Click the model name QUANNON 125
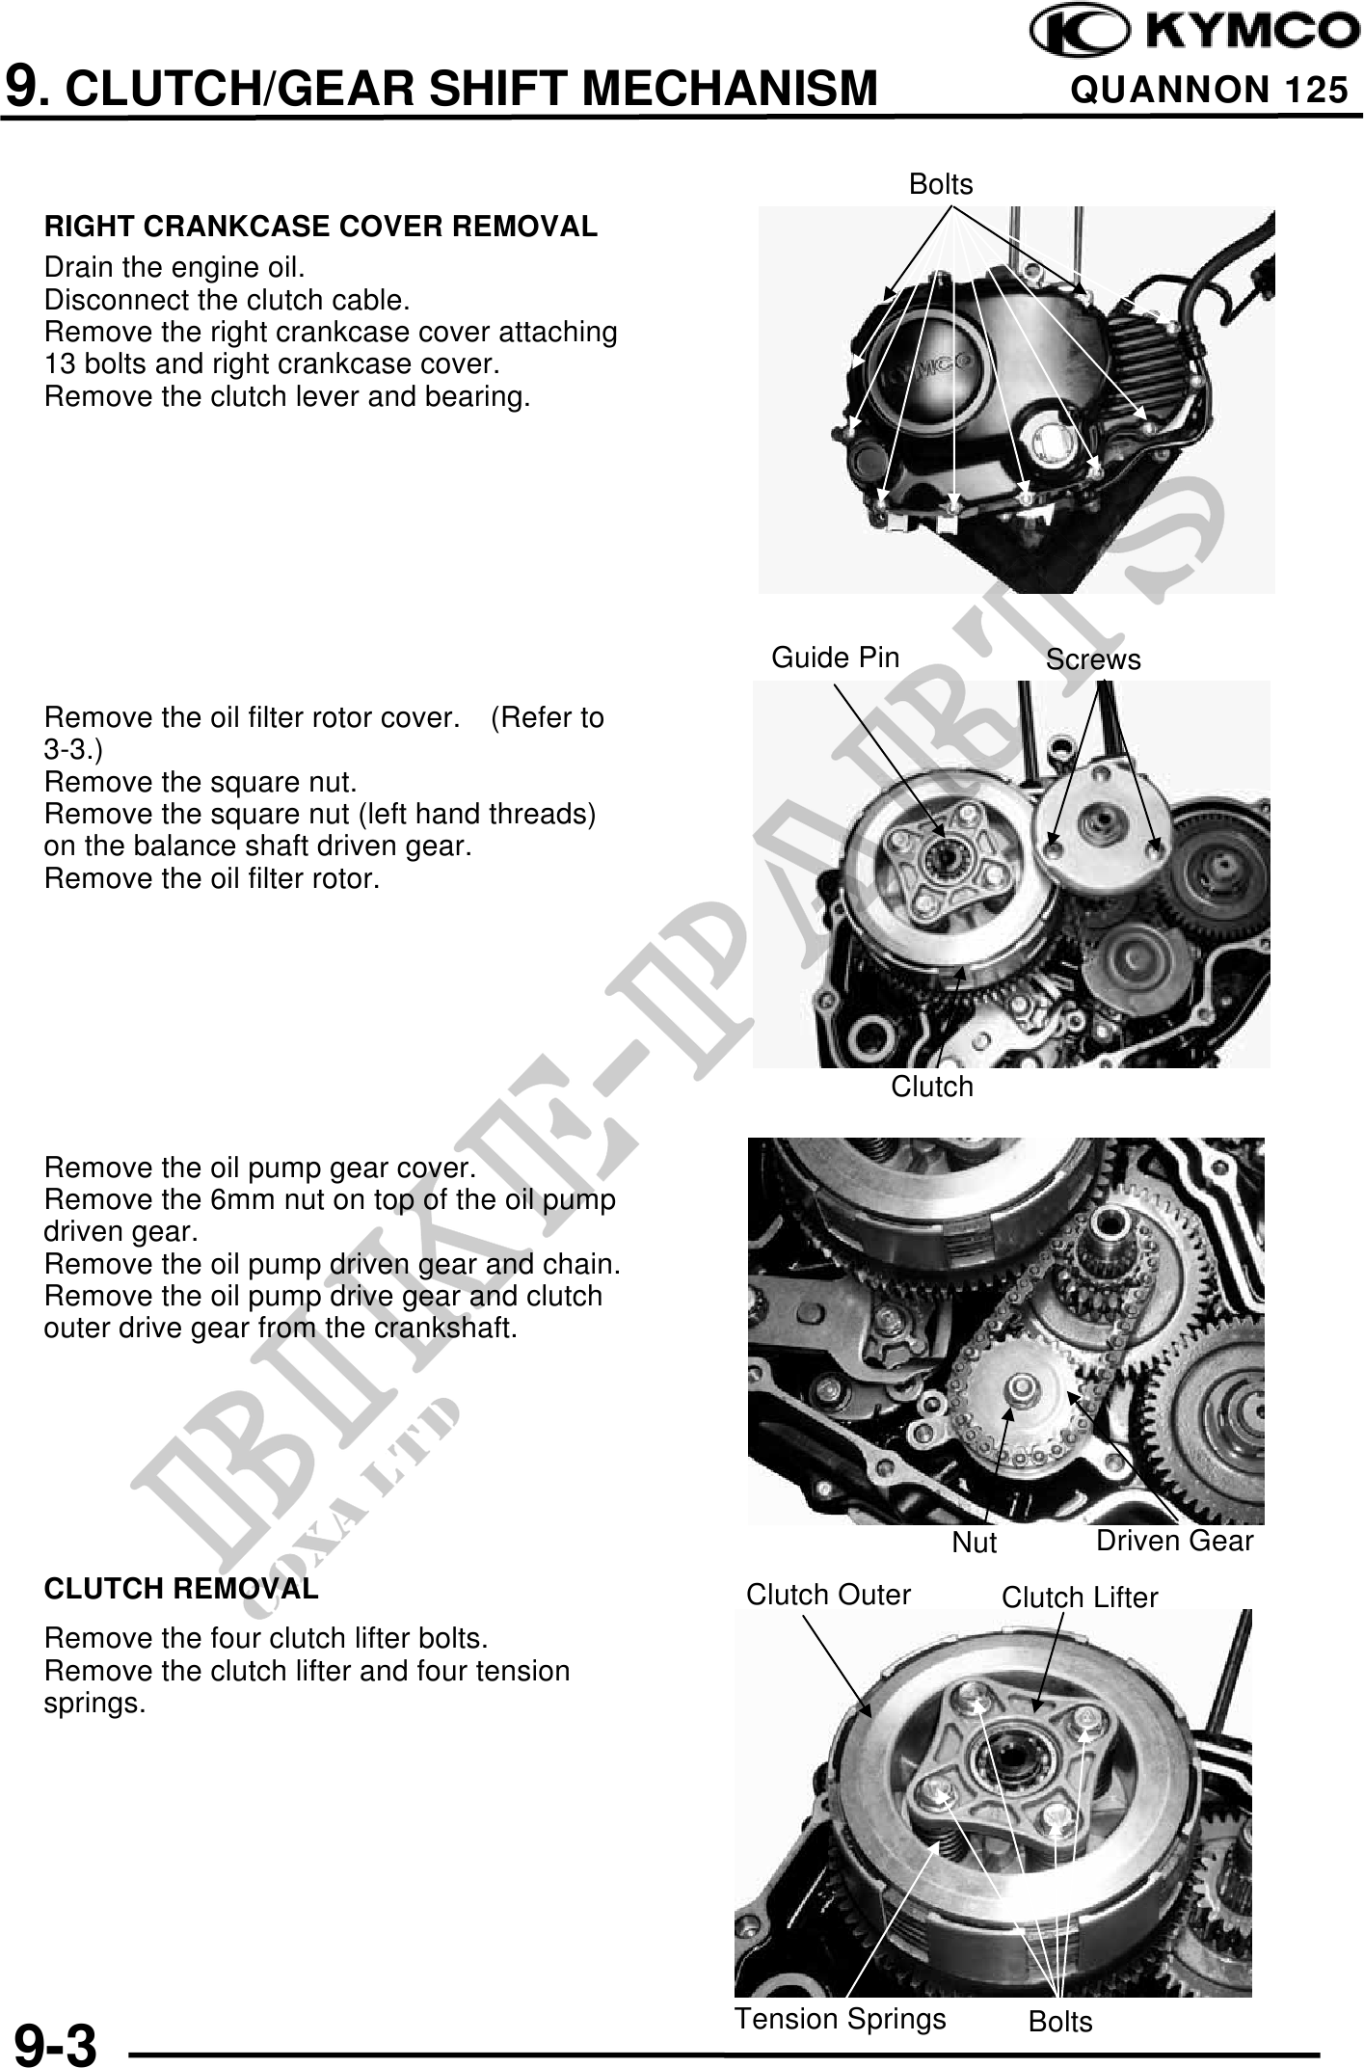[x=1210, y=90]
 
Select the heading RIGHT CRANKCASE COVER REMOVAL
[x=321, y=227]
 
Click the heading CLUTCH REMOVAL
[x=181, y=1589]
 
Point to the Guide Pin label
[x=835, y=658]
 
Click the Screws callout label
[x=1093, y=659]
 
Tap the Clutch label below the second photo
[x=931, y=1087]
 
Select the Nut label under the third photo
[x=974, y=1543]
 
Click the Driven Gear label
[x=1174, y=1541]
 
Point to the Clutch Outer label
[x=828, y=1595]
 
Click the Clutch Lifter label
[x=1080, y=1598]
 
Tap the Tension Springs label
[x=841, y=2019]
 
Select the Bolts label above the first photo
[x=941, y=184]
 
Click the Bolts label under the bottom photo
[x=1060, y=2022]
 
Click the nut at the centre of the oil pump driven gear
[x=1019, y=1391]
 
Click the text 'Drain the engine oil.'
[x=174, y=267]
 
